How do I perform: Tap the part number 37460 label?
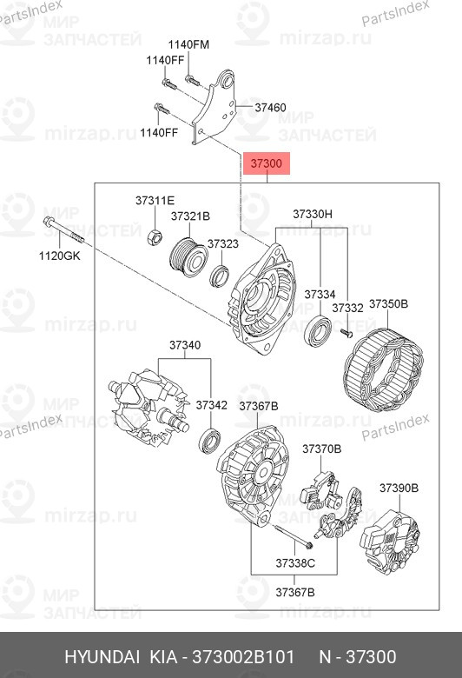pyautogui.click(x=270, y=108)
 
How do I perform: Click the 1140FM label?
pyautogui.click(x=188, y=43)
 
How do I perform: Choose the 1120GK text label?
pyautogui.click(x=58, y=256)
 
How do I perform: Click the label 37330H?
pyautogui.click(x=312, y=214)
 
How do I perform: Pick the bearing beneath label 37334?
pyautogui.click(x=319, y=331)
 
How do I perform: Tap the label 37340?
pyautogui.click(x=184, y=345)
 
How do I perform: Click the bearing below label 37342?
pyautogui.click(x=211, y=440)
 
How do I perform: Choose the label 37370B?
pyautogui.click(x=321, y=449)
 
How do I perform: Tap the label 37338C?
pyautogui.click(x=294, y=563)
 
